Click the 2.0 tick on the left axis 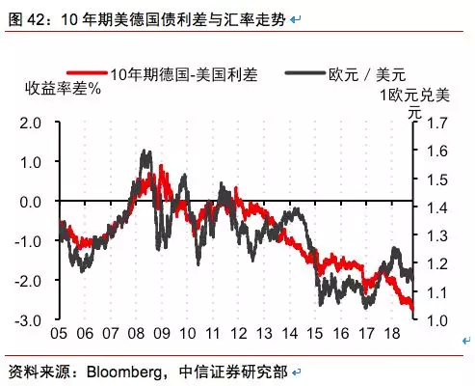pos(32,124)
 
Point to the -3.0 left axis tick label pos(30,320)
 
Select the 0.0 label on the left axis pos(32,203)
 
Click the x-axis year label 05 pos(58,334)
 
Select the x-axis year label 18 pos(392,334)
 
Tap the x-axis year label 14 pos(289,334)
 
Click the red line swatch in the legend pos(86,73)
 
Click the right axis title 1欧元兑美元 pos(415,102)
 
